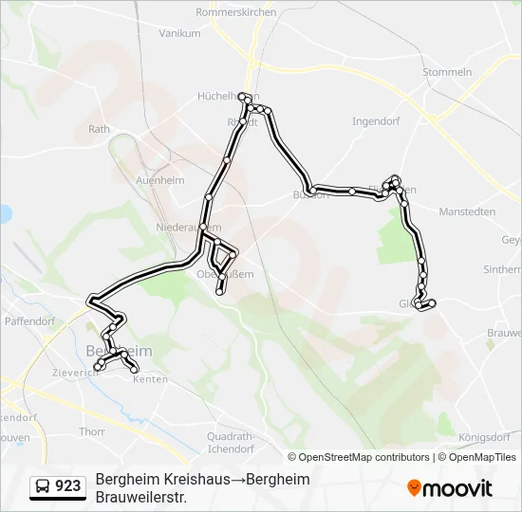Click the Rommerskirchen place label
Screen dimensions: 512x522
pos(235,12)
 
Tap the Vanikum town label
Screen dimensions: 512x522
pos(179,32)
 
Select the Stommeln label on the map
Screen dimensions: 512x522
pos(449,72)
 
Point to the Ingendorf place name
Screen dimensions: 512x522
pos(378,121)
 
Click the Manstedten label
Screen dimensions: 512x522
pos(467,211)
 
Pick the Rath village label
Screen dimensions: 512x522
pos(99,129)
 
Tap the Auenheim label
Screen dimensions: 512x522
pos(159,178)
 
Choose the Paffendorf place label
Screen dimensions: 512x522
pos(31,321)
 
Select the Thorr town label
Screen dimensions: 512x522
pos(92,431)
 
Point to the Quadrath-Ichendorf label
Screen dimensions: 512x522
pos(230,443)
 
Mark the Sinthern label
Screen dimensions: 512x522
pos(502,269)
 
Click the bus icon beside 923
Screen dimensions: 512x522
pos(43,486)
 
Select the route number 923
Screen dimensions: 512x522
pos(68,486)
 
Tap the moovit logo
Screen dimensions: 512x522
pos(450,487)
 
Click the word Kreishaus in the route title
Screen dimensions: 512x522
pos(196,480)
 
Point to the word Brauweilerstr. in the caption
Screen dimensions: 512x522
pos(140,497)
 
